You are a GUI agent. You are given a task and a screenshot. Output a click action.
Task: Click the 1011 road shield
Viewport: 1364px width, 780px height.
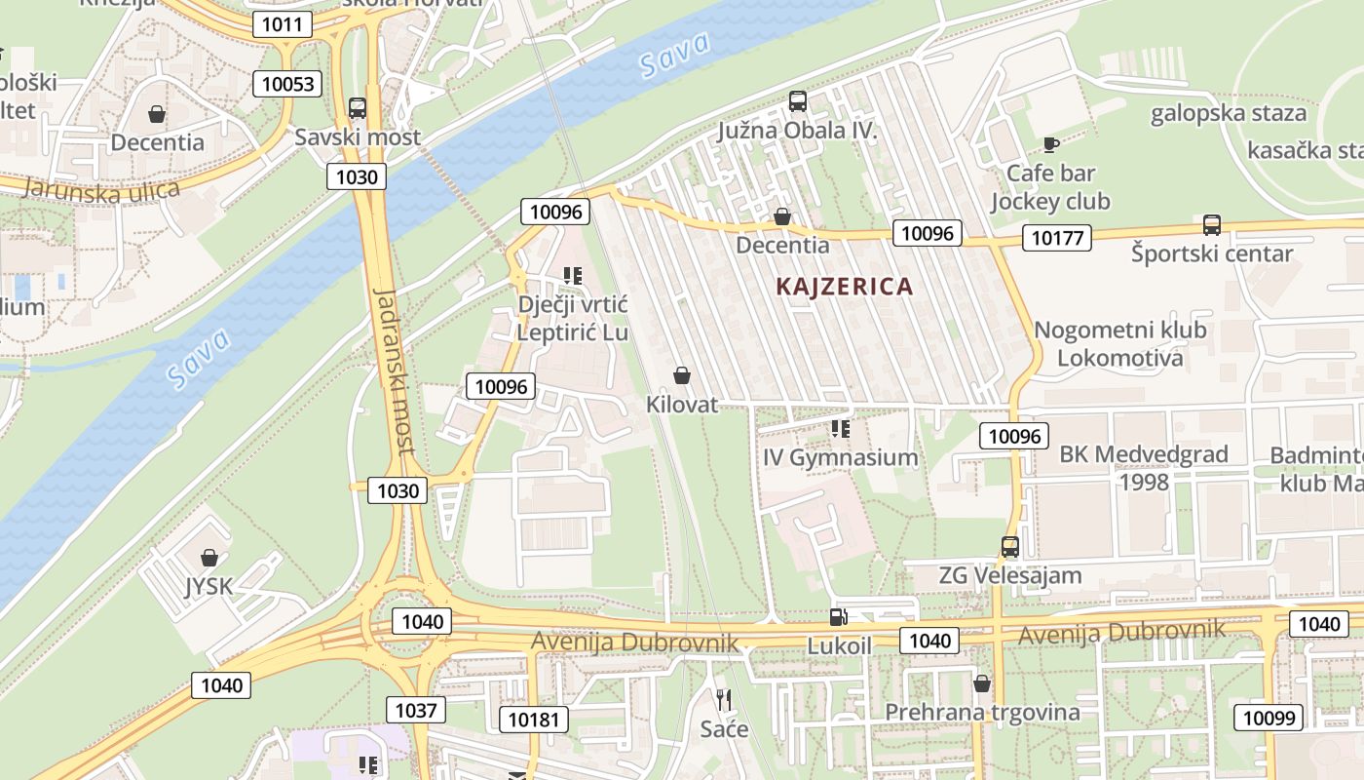tap(283, 24)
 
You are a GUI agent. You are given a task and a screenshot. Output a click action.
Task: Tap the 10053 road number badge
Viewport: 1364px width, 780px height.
tap(288, 84)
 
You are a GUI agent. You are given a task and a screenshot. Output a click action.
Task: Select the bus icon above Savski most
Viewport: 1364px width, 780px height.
tap(358, 108)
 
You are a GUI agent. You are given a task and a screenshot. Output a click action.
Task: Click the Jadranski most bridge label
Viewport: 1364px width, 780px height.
tap(394, 371)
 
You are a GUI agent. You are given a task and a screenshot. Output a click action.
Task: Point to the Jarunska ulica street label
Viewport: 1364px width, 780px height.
tap(101, 189)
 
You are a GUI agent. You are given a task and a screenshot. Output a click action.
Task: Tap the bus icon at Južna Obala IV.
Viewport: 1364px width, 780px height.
tap(798, 100)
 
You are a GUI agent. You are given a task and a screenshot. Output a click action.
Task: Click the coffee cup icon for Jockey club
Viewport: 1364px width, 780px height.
tap(1050, 144)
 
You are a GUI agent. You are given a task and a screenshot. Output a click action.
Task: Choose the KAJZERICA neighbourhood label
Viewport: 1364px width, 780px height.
tap(845, 287)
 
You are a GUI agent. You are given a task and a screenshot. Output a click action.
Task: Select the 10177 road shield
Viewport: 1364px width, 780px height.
tap(1056, 237)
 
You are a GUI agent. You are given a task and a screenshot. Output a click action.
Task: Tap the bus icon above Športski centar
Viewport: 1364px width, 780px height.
tap(1212, 225)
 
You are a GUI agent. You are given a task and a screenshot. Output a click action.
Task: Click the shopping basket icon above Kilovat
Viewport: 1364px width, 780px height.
tap(682, 375)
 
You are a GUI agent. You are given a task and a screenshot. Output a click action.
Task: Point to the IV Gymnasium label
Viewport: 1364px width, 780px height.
tap(841, 457)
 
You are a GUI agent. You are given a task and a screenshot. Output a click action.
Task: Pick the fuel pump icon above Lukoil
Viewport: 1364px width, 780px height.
tap(838, 617)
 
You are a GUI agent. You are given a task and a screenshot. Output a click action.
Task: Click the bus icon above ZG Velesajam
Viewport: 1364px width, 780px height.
tap(1010, 547)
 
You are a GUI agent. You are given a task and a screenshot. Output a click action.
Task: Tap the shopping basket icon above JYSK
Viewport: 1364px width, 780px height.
tap(208, 558)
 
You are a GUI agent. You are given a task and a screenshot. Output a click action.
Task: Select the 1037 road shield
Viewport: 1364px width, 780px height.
tap(416, 710)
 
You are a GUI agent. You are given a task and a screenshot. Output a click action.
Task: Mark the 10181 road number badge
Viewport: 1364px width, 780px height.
tap(535, 721)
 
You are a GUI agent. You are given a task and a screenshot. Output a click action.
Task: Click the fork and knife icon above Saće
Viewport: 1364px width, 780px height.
tap(724, 699)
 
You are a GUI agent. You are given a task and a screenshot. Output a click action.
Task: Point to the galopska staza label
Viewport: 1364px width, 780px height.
tap(1228, 113)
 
